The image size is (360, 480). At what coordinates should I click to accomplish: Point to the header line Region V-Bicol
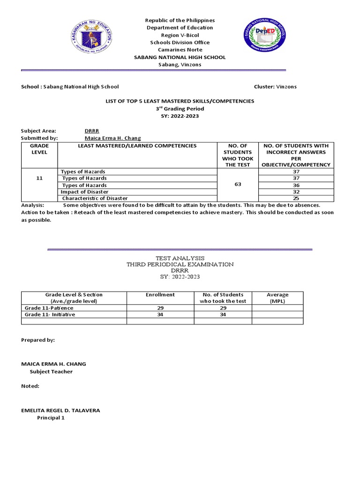point(180,35)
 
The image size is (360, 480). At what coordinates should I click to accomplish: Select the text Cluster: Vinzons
point(275,87)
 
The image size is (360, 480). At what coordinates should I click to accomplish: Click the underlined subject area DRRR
point(91,131)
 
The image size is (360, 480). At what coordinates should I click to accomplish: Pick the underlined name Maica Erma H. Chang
point(112,138)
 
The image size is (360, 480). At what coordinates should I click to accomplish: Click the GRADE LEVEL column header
point(39,150)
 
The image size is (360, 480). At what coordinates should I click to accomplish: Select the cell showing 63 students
point(238,185)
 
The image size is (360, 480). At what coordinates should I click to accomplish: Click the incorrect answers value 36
point(296,185)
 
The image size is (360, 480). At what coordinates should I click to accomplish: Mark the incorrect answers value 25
point(296,198)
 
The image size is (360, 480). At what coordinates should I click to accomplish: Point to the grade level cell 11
point(39,179)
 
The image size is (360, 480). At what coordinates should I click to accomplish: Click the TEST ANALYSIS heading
point(180,258)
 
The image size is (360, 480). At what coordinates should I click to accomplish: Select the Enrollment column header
point(160,295)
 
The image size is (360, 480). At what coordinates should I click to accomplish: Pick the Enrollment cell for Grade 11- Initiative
point(160,315)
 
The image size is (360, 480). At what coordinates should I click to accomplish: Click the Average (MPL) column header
point(277,298)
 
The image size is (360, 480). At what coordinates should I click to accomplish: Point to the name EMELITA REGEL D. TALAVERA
point(60,410)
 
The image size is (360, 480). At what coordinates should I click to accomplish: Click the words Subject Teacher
point(51,372)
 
